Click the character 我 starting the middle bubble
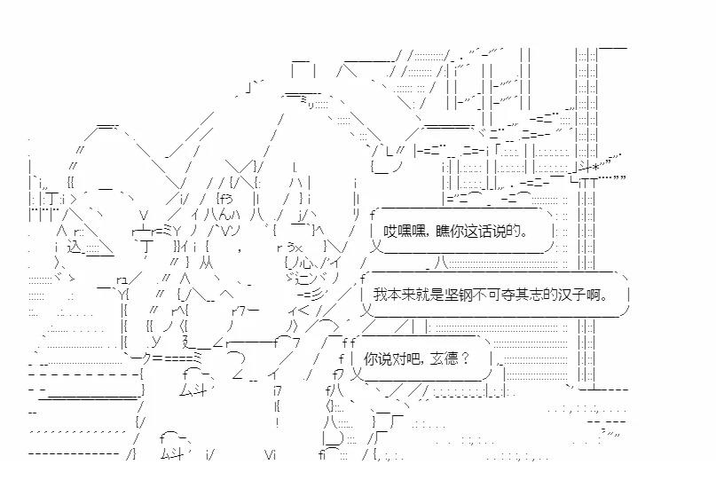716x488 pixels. [x=379, y=295]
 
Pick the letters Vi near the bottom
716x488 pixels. [x=272, y=455]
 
